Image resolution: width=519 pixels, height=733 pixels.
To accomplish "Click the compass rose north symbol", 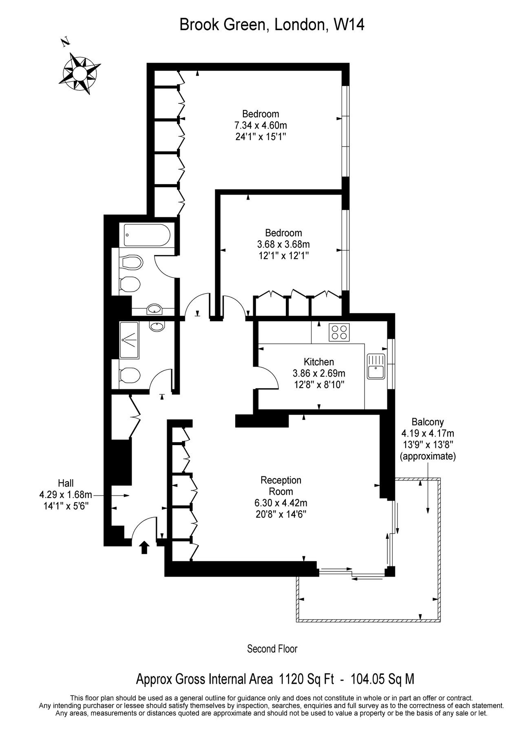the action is (80, 73).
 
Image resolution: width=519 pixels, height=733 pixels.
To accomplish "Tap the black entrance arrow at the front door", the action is (144, 547).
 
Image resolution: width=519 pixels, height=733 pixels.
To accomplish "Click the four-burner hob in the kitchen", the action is (340, 331).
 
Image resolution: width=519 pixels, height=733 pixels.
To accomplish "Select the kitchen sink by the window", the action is (376, 366).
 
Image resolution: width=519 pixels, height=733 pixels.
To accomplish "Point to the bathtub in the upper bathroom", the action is (146, 235).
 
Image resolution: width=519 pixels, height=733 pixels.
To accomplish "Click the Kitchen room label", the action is (319, 362).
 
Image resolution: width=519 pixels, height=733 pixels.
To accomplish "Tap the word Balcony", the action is (427, 422).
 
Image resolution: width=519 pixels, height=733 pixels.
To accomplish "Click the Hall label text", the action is (66, 483).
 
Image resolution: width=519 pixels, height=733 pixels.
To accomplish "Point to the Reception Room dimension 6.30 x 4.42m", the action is (281, 503).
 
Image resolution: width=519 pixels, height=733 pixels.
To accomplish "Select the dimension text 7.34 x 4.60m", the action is (261, 125).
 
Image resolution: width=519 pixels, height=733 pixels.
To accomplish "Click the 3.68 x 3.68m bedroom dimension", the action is (283, 244).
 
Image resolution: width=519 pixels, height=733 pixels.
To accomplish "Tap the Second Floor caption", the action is (272, 649).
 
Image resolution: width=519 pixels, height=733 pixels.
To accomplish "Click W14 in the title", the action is (349, 25).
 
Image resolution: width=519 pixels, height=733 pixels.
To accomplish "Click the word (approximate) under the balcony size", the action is (427, 456).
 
